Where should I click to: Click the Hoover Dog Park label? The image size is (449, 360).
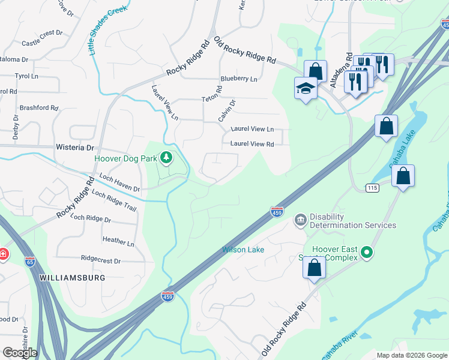tap(125, 159)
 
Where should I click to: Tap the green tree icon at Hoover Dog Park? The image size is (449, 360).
tap(166, 158)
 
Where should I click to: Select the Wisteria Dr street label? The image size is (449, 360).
tap(75, 147)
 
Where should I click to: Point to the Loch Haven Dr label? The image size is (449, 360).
tap(119, 184)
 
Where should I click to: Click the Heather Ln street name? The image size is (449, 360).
tap(118, 241)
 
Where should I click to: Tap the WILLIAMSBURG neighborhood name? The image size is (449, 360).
tap(73, 278)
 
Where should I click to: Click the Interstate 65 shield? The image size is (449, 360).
tap(31, 262)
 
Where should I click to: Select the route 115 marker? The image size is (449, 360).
tap(372, 188)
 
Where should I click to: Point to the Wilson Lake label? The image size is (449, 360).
tap(243, 250)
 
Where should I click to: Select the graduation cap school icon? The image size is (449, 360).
tap(306, 89)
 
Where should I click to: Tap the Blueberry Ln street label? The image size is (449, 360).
tap(238, 79)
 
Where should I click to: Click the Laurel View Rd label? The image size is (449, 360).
tap(252, 144)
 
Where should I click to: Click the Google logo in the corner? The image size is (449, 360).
tap(20, 353)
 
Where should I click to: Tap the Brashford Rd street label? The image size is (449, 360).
tap(39, 108)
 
